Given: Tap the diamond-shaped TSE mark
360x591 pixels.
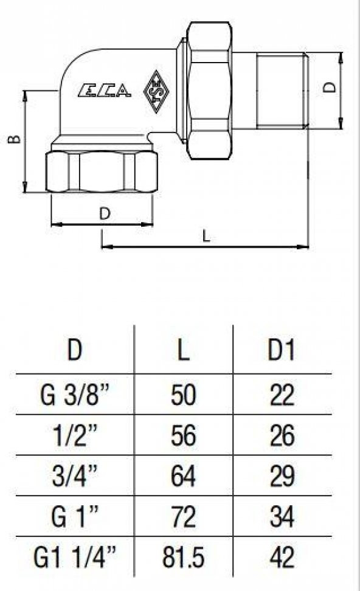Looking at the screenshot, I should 157,92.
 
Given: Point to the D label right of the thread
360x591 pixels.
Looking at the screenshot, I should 330,87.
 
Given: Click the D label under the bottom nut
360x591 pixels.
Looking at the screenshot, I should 104,213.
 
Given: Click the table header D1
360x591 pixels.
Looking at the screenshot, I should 281,351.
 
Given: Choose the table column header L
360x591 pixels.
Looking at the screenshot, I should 183,351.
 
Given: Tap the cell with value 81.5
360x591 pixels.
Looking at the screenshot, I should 183,557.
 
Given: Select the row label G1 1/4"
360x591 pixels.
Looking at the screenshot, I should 75,557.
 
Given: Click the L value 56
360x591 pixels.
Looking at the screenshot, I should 183,436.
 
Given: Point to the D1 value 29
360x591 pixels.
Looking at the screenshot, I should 281,476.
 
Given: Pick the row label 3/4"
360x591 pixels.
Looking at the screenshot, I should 75,476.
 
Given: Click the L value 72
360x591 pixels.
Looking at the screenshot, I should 183,517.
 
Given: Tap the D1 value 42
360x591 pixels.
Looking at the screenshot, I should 281,557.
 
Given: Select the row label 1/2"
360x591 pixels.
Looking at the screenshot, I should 75,436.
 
